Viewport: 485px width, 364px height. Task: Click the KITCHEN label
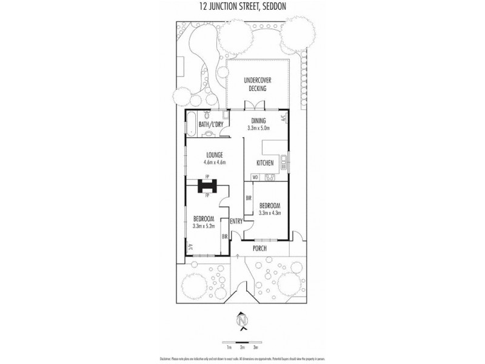pos(265,163)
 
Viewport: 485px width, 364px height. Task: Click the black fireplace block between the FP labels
pos(207,187)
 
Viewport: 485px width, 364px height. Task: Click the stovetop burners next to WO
pos(270,178)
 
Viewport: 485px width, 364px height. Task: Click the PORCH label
pos(259,248)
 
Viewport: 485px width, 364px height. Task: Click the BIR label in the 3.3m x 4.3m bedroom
pos(249,198)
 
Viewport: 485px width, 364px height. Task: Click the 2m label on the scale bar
pos(242,348)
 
